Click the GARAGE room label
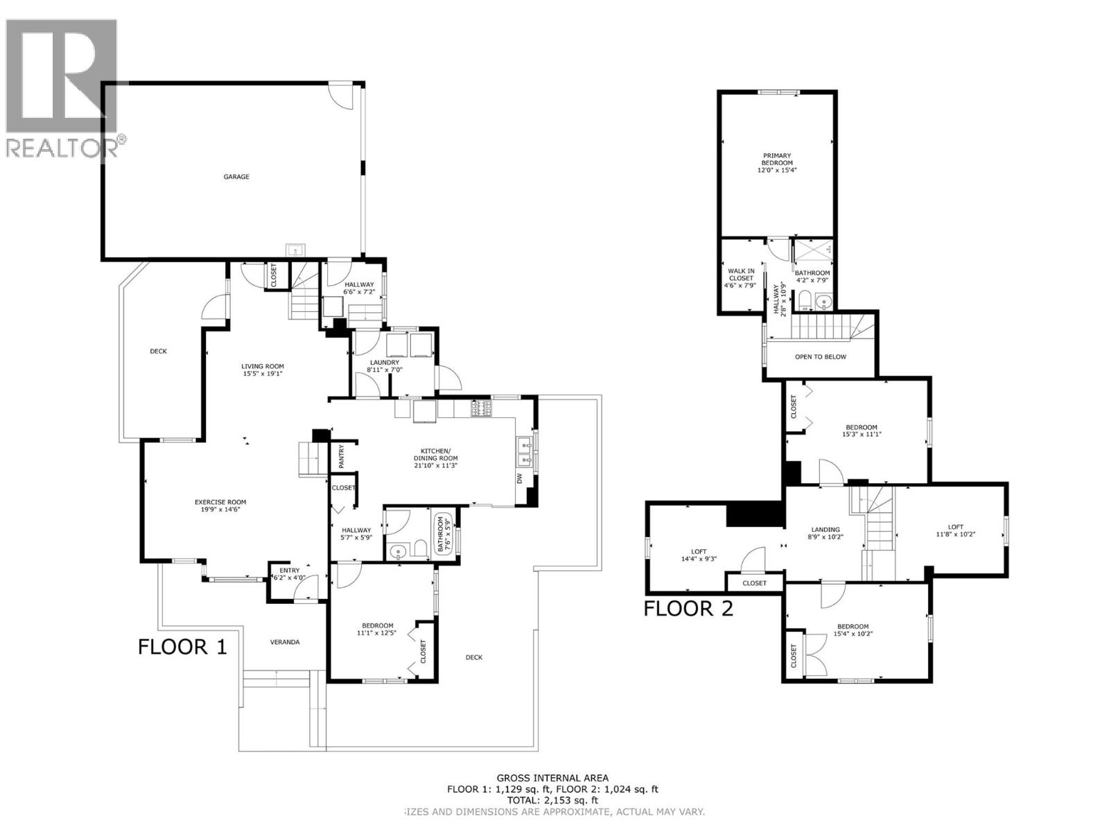click(236, 177)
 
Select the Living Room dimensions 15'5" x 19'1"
click(262, 374)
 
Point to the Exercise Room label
click(220, 502)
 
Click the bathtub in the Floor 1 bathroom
click(440, 535)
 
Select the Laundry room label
click(384, 363)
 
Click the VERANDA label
click(285, 642)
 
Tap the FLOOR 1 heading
click(182, 647)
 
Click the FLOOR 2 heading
click(688, 609)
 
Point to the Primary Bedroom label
click(777, 159)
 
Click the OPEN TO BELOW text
click(821, 357)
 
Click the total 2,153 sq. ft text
click(552, 799)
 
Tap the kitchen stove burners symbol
click(482, 410)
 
